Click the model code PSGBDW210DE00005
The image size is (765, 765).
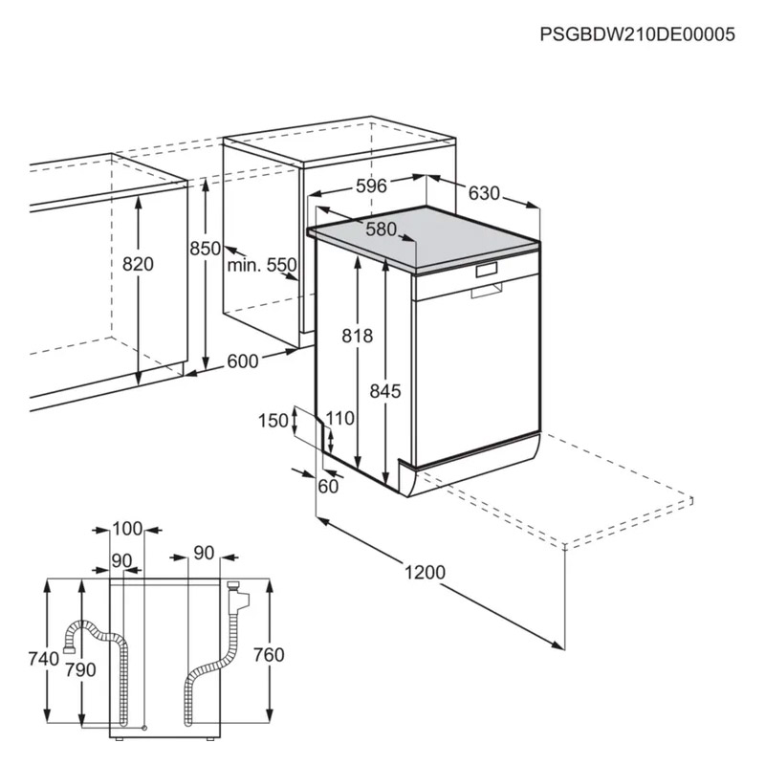coord(637,34)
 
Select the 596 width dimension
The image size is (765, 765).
coord(371,186)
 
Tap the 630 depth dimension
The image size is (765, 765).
coord(484,193)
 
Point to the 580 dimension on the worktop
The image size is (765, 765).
coord(381,229)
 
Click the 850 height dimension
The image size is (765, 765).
coord(206,249)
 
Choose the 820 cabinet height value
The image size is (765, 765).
coord(138,264)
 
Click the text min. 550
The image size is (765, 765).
coord(262,265)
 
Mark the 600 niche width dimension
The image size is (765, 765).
coord(243,361)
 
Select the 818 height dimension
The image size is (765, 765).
coord(357,336)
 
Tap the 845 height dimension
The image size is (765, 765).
coord(385,391)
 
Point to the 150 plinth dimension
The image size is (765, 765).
coord(273,421)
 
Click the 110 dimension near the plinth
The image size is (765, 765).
coord(340,418)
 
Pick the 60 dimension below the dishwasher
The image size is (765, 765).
coord(328,486)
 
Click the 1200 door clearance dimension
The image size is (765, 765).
coord(425,572)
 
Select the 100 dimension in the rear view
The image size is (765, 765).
coord(127,529)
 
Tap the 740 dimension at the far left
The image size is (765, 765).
coord(44,659)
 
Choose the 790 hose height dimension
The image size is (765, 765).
coord(81,670)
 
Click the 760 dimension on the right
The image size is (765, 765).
coord(269,655)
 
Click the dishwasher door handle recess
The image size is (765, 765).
coord(486,291)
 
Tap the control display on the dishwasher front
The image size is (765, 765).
coord(487,270)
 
